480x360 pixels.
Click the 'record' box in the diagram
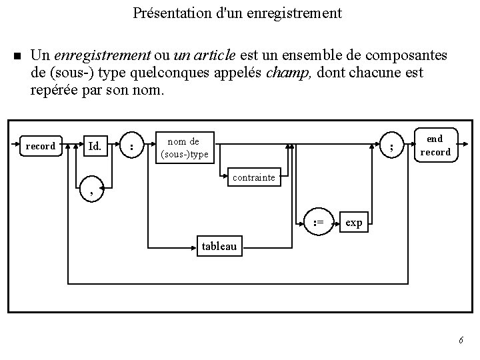(x=40, y=146)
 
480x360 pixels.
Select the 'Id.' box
(x=95, y=146)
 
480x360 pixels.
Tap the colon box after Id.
(x=133, y=146)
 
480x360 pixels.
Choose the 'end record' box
(x=435, y=145)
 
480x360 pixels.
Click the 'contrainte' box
(x=253, y=179)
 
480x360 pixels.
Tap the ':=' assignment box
(x=319, y=223)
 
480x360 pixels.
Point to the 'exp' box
(x=354, y=223)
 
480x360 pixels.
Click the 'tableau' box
(x=219, y=246)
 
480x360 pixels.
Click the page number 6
(x=461, y=341)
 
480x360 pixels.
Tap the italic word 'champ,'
(x=289, y=72)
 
